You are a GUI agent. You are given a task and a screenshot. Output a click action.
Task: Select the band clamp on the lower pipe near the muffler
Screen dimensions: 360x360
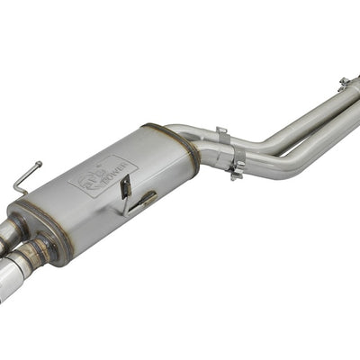[238, 167]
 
